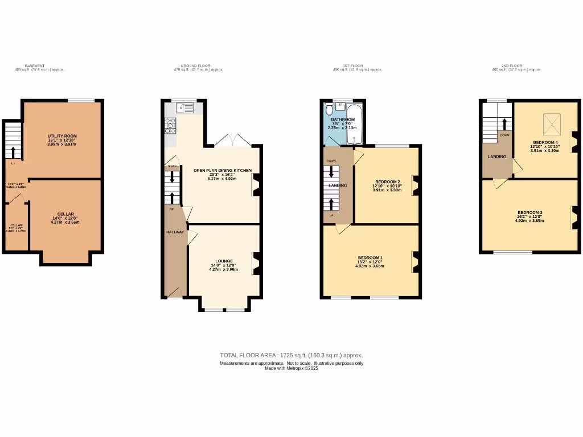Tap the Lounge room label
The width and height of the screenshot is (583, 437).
point(224,261)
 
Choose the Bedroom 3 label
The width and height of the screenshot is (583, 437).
point(529,212)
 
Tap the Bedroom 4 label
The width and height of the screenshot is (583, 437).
point(546,142)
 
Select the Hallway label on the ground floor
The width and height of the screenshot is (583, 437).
point(174,232)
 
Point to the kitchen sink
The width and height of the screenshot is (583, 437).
point(186,105)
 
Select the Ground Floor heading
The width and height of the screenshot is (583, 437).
point(196,66)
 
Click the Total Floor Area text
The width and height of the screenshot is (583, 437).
point(291,355)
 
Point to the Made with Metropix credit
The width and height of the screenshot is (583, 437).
point(291,368)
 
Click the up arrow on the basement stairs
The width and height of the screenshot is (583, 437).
point(13,152)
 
